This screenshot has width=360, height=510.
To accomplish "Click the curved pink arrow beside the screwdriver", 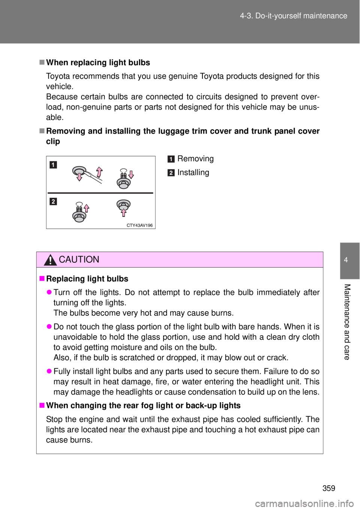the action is (99, 172).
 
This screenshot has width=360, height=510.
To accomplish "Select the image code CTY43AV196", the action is (139, 225).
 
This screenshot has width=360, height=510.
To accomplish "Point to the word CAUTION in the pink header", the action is (79, 259).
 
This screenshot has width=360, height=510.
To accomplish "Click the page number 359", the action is (329, 488).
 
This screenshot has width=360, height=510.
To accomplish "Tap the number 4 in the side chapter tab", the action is (346, 260).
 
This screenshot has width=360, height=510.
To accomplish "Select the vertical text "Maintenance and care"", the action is (347, 322).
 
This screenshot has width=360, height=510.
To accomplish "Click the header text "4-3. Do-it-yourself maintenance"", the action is (293, 16).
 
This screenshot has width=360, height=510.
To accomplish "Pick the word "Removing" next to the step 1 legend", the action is (195, 159).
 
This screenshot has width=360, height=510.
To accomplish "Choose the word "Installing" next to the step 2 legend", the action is (193, 172).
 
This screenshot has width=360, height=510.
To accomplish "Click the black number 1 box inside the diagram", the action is (53, 165).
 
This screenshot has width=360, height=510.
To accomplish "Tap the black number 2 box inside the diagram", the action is (53, 201).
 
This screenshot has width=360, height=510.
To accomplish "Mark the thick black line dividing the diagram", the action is (100, 193).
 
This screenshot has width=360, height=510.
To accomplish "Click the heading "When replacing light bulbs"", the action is (98, 62).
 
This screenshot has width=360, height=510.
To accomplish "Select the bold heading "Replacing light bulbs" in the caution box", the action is (87, 279).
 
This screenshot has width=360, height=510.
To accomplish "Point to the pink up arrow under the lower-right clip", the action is (123, 212).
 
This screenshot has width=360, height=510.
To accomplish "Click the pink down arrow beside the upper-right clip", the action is (131, 174).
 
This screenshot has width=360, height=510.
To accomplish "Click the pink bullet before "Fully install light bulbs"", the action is (49, 371).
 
